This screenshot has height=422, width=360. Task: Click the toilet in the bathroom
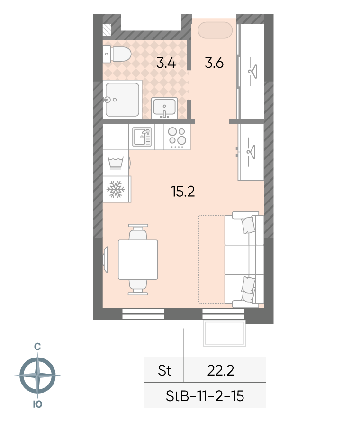click(117, 54)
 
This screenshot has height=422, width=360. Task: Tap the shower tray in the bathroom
click(123, 100)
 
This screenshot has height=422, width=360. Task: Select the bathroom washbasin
click(164, 108)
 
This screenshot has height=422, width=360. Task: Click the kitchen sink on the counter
click(142, 137)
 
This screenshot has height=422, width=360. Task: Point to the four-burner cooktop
click(177, 137)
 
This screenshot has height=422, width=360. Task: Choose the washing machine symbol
click(116, 163)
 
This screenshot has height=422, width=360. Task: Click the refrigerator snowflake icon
click(116, 189)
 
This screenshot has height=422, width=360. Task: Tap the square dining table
click(138, 260)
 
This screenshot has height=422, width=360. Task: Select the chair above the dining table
click(138, 232)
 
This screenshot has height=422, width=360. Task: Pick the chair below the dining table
click(138, 287)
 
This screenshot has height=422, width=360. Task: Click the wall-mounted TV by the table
click(105, 260)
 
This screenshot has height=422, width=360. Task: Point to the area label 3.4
click(166, 64)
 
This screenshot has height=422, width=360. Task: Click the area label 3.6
click(214, 63)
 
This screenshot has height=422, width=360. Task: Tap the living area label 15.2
click(183, 192)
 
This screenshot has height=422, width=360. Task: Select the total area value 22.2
click(220, 370)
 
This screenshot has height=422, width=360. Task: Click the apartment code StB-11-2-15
click(205, 396)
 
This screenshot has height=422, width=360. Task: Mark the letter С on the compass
click(37, 347)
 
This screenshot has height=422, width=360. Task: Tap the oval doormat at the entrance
click(215, 30)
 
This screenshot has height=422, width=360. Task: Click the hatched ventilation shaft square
click(107, 29)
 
